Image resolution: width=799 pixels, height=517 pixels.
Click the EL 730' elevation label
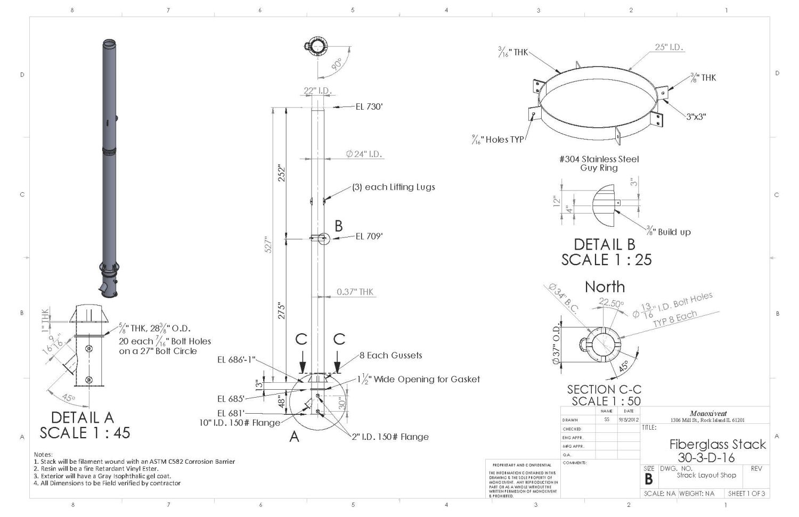pos(369,106)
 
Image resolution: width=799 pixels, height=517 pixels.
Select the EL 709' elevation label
pos(369,236)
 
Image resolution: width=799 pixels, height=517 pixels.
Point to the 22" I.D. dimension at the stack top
pos(317,91)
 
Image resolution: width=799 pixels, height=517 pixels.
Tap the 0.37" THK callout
pos(355,292)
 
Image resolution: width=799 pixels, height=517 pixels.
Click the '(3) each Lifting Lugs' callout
pos(393,187)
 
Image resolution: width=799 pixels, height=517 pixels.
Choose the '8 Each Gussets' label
pos(390,355)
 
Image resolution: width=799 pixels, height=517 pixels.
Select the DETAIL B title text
pos(604,244)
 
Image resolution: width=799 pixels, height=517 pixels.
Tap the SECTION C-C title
pos(604,389)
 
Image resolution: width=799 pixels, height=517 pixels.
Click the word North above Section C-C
pos(605,287)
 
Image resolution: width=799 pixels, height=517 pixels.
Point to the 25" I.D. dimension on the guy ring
pos(668,47)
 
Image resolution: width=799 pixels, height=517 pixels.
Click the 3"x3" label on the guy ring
pos(696,117)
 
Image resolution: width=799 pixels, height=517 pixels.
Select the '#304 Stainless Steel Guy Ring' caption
pos(599,163)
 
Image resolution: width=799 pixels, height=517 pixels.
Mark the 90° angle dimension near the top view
pos(337,64)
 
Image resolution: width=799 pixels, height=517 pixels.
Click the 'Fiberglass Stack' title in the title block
pos(717,444)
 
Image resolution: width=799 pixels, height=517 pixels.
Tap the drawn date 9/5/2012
pos(629,420)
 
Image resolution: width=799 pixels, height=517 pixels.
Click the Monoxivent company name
pos(708,413)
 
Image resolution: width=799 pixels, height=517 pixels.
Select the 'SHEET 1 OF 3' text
pos(746,494)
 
